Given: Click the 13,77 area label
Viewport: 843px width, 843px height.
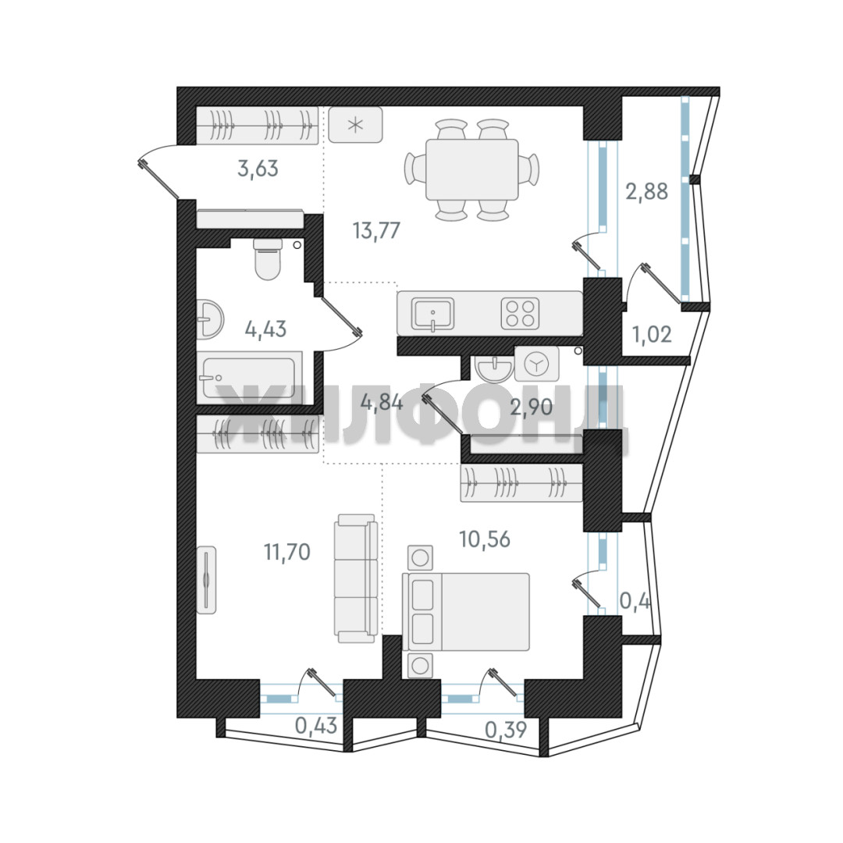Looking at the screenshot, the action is tap(376, 230).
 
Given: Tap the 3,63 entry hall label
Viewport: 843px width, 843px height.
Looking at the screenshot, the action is tap(258, 169).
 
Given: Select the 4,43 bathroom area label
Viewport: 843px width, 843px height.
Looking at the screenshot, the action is tap(265, 329).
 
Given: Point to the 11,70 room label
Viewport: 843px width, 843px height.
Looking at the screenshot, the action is tap(287, 552).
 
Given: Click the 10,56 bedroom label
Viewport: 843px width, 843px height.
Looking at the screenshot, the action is tap(485, 538).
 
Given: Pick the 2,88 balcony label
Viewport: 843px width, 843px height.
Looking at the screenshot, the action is tap(647, 191).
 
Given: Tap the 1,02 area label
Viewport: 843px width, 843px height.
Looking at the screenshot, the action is tap(652, 334).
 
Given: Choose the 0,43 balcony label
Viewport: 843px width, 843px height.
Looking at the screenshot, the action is tap(316, 725).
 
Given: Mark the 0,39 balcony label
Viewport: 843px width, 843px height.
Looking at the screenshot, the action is tap(506, 730).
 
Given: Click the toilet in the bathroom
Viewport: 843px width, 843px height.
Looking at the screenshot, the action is tap(268, 259).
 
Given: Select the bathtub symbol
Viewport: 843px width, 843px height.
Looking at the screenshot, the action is tap(249, 378).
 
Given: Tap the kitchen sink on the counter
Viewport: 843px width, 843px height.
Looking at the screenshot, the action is tap(432, 314).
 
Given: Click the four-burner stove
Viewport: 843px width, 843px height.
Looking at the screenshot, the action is tap(520, 314).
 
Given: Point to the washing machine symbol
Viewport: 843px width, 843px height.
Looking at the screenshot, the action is tap(536, 364).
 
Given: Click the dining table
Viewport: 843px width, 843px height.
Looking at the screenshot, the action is tap(472, 170).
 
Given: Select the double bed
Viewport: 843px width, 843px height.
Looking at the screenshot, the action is tap(465, 612).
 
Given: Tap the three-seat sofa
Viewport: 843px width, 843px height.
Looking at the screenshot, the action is tap(355, 578).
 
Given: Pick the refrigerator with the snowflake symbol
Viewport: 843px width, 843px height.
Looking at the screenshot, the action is tap(355, 125).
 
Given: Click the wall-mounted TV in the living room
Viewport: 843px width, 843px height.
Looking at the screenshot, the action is tap(206, 580).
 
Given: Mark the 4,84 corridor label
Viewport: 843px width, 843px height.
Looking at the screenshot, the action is tap(382, 402).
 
